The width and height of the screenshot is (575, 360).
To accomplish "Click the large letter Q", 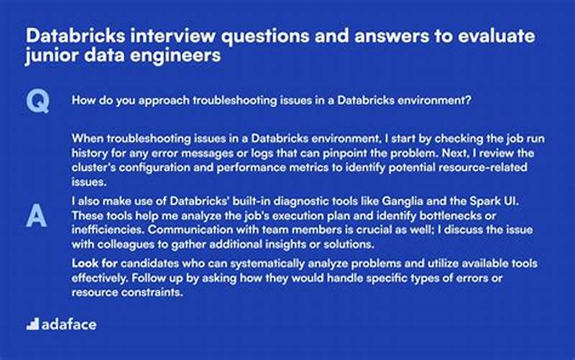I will coord(37,102).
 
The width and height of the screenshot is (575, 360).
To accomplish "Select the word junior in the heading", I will coord(51,55).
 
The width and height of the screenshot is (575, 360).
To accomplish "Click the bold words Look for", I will coord(91,264).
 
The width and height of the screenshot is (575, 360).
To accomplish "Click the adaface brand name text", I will coord(70,324).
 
